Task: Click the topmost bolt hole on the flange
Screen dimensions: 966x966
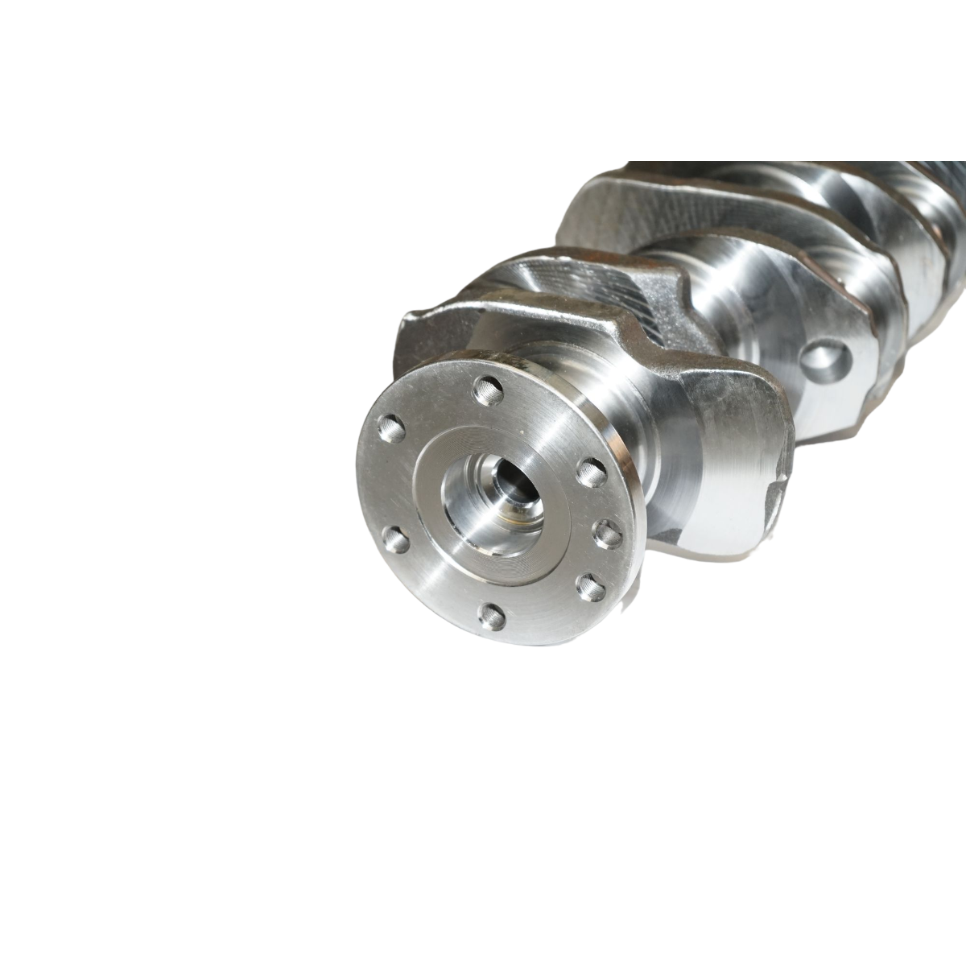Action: pos(489,391)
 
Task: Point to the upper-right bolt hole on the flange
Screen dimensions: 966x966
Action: pos(592,469)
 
